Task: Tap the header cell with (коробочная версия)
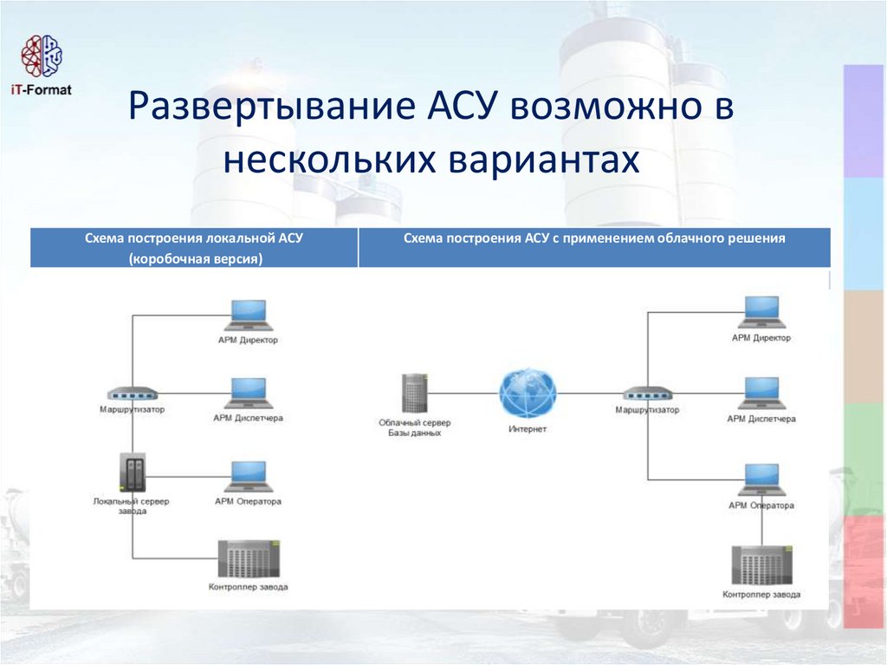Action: [194, 248]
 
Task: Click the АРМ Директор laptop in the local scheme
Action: [248, 316]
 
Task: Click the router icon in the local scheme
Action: [133, 394]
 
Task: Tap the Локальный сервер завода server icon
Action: [133, 473]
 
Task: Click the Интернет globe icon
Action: [528, 394]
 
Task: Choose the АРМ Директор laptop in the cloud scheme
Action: [761, 313]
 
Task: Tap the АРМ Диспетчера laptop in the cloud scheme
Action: [761, 393]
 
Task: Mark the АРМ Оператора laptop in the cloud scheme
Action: [761, 479]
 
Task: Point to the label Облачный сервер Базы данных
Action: [414, 427]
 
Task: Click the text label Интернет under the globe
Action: [527, 430]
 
